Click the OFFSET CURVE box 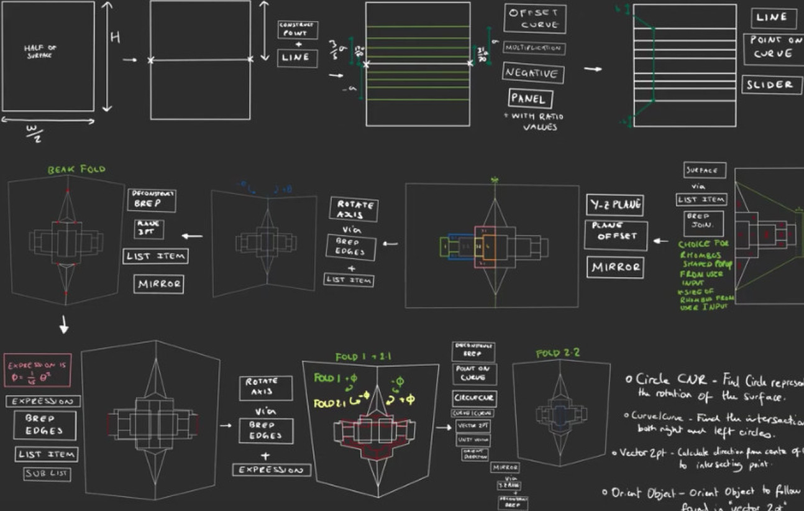(x=534, y=19)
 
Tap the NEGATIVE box (x=533, y=73)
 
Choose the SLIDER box (x=770, y=85)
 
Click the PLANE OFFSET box (x=615, y=236)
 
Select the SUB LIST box (x=47, y=474)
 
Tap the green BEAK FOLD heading (x=76, y=169)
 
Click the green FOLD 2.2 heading (x=557, y=353)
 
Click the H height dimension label (x=115, y=37)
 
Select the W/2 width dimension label (x=34, y=132)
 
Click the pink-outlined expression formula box (x=37, y=371)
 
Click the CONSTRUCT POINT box (x=297, y=29)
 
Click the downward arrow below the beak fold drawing (x=64, y=325)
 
